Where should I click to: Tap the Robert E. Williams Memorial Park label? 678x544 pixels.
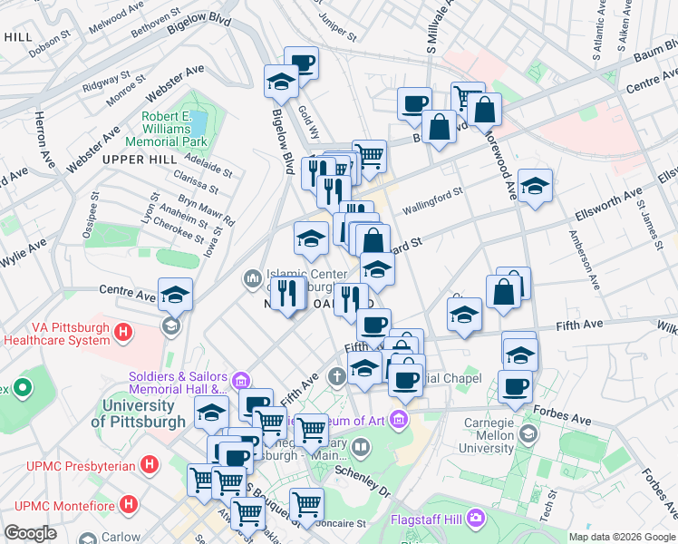coord(174,129)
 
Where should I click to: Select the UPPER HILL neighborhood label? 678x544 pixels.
coord(137,159)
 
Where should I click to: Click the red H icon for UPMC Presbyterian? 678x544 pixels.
coord(150,465)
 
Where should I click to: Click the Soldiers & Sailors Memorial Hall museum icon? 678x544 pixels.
coord(240,379)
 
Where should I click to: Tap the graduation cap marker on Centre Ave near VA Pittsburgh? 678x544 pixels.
coord(175,295)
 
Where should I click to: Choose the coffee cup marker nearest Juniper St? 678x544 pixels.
coord(302,63)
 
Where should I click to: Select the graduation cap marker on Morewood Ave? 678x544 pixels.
coord(536,187)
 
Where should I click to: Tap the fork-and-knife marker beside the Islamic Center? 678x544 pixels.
coord(287,296)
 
